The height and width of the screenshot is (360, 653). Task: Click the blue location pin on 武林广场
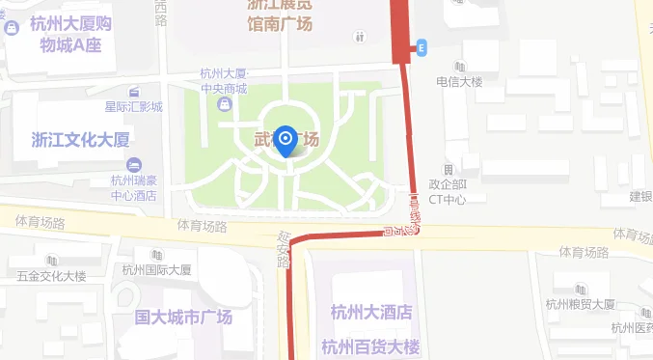point(286,142)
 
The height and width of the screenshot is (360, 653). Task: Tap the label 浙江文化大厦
point(80,139)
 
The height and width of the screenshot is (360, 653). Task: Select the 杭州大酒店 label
point(371,313)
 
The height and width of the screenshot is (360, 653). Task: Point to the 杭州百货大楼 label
point(371,346)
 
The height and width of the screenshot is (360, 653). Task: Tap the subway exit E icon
point(422,47)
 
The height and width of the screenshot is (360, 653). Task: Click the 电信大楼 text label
point(458,82)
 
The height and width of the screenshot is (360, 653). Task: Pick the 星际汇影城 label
point(133,106)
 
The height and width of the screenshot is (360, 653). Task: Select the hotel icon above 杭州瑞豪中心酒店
point(133,163)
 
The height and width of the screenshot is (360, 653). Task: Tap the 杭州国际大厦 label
point(157,270)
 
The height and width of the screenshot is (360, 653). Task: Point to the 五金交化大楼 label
point(51,277)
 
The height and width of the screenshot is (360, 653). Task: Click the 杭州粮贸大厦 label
point(580,304)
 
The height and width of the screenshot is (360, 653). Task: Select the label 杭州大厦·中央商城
point(224,81)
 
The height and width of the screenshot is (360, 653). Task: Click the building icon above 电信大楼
point(459,67)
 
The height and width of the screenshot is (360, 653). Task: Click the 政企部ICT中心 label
point(448,192)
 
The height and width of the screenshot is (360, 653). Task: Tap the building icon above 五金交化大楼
point(50,261)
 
